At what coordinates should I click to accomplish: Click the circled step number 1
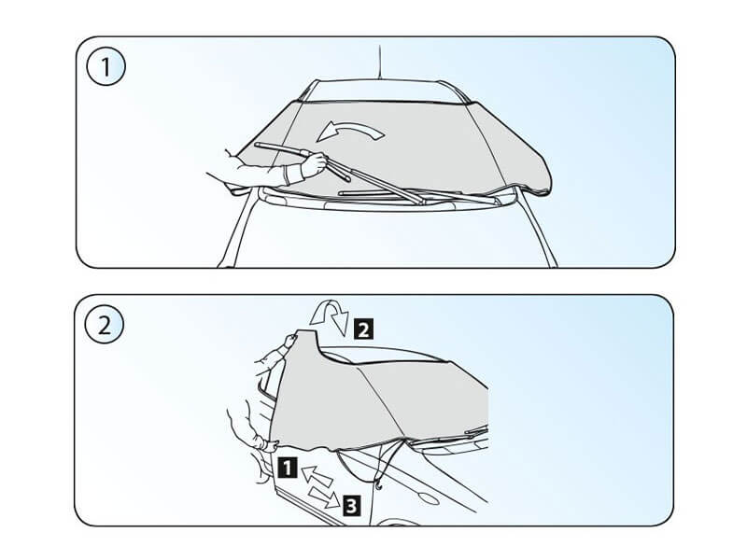coord(106,66)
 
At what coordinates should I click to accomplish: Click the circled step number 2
coord(104,325)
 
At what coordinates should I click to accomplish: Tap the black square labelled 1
coord(288,468)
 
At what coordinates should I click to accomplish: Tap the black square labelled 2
coord(363,329)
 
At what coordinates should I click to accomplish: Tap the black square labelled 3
coord(351,506)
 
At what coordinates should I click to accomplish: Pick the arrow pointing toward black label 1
coord(316,476)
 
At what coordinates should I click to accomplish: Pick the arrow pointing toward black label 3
coord(325,497)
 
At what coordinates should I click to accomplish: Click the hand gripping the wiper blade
coord(314,164)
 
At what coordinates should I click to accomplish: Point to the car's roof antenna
coord(379,62)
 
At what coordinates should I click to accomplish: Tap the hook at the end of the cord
coord(379,486)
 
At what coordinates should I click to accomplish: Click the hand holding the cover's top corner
coord(289,341)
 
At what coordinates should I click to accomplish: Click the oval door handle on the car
coord(429,498)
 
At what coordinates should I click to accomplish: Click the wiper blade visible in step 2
coord(476,431)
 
